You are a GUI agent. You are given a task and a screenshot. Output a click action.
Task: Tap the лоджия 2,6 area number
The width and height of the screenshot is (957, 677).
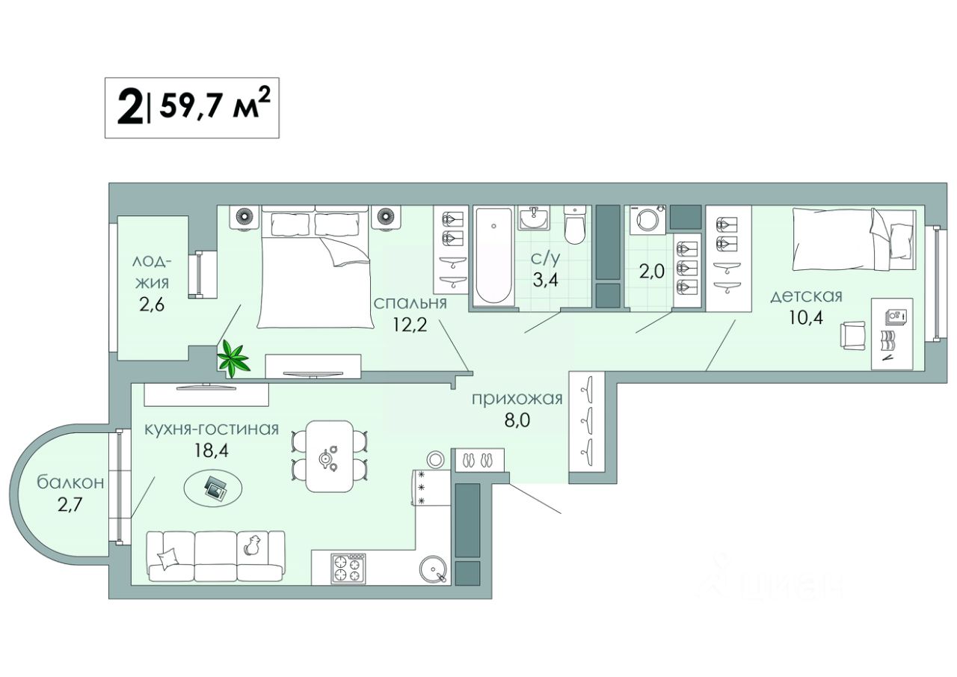point(151,306)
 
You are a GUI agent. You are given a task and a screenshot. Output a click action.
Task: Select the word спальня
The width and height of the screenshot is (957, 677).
point(410,303)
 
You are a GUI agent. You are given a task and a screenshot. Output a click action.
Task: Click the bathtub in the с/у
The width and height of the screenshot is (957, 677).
point(493,256)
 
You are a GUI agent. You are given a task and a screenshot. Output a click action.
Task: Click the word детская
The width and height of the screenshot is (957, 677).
point(807,296)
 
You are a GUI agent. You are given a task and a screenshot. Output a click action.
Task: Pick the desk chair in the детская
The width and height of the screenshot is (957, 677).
point(852,334)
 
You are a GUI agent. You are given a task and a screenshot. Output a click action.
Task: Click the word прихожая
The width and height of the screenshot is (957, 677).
point(517,398)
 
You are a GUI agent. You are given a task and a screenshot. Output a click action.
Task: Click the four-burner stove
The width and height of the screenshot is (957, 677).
point(348,568)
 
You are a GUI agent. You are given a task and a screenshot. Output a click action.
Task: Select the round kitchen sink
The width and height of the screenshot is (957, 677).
point(434,569)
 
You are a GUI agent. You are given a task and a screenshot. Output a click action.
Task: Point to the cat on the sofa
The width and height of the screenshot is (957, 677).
point(252,546)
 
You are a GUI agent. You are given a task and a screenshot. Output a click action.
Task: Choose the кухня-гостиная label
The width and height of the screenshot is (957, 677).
point(212,429)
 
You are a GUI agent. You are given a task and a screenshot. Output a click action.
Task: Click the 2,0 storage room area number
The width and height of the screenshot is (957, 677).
point(652,271)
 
